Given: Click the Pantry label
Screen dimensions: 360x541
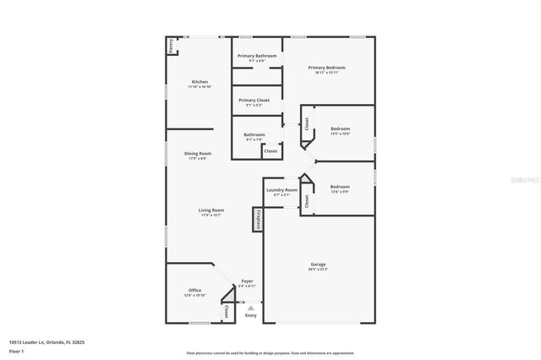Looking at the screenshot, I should click(171, 46).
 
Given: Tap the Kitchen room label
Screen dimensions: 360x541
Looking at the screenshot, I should click(199, 82).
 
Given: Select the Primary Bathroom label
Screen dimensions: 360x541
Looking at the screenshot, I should click(256, 56).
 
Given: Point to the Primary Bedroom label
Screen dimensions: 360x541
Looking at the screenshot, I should click(326, 68).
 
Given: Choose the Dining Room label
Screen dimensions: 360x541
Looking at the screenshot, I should click(198, 153).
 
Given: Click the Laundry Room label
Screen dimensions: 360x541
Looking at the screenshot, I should click(281, 190).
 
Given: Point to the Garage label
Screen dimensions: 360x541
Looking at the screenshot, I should click(318, 265).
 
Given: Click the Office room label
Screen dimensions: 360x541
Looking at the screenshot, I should click(194, 290).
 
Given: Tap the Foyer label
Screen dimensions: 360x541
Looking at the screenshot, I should click(247, 281).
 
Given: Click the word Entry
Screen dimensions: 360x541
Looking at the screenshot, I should click(251, 315).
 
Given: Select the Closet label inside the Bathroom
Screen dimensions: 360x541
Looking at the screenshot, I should click(270, 151).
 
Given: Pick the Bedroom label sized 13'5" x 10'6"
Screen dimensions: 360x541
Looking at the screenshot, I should click(340, 128).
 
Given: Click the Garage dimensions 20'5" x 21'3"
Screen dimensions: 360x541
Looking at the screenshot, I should click(318, 270).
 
